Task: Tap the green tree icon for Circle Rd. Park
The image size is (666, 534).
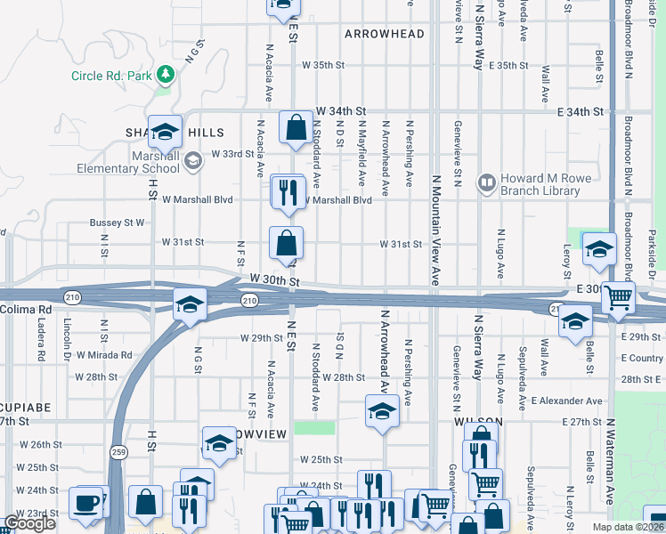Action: tap(164, 73)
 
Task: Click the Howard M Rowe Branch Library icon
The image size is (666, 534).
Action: tap(486, 183)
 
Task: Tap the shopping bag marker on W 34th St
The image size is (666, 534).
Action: tap(295, 128)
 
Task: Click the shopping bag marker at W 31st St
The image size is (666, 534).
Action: tap(287, 243)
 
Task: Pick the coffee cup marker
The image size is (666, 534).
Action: tap(87, 502)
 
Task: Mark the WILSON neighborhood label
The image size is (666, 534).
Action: tap(478, 422)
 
